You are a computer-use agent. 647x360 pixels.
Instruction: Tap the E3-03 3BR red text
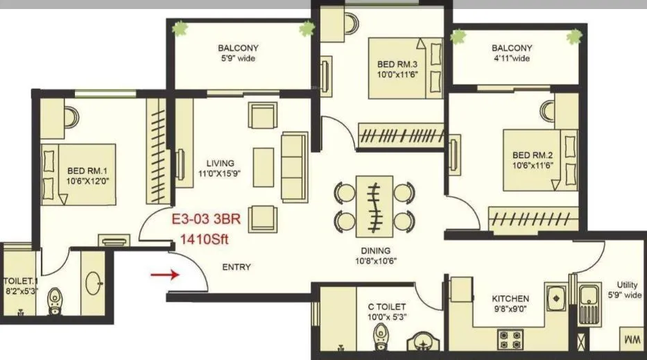pos(201,223)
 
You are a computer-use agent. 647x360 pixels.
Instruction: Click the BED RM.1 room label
pos(86,171)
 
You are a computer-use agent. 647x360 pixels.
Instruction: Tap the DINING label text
pos(375,250)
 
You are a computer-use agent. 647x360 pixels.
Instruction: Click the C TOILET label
pos(388,307)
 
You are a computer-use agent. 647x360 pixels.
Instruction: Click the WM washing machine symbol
pos(632,341)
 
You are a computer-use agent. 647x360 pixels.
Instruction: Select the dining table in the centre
pos(375,205)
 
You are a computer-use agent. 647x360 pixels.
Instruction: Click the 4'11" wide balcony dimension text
pos(511,59)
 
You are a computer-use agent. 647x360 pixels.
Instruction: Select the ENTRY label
pos(236,267)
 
